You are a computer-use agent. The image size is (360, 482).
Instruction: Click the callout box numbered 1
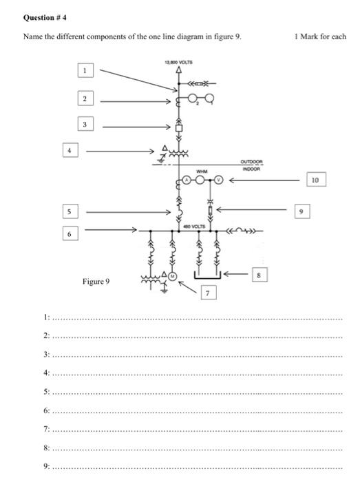point(85,70)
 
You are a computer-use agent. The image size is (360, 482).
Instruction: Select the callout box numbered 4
point(70,150)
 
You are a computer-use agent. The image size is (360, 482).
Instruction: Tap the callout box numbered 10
point(316,180)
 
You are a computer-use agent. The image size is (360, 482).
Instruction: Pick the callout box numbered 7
point(209,293)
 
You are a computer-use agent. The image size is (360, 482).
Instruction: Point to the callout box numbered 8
point(260,275)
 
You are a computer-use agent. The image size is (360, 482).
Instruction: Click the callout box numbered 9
point(302,211)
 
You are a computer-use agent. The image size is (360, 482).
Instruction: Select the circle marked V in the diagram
point(218,180)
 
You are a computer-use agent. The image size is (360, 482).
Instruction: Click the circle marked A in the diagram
point(187,180)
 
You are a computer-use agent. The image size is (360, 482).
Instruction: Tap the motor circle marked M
point(172,276)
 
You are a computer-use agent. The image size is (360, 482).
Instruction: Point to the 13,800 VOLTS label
point(178,63)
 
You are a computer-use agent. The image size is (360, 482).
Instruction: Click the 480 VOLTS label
point(194,227)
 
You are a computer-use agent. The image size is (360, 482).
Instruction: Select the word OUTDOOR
point(251,162)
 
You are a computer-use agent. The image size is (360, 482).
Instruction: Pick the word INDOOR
point(251,169)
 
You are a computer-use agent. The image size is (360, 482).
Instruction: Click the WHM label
point(202,171)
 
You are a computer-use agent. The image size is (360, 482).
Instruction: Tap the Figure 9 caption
point(96,282)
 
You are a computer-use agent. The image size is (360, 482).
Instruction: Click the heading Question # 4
point(45,17)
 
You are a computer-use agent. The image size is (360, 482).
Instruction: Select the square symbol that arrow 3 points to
point(178,128)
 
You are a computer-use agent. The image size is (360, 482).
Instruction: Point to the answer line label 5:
point(46,392)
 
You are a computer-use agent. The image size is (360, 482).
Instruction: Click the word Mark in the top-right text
point(309,36)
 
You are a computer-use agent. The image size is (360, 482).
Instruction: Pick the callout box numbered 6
point(70,233)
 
